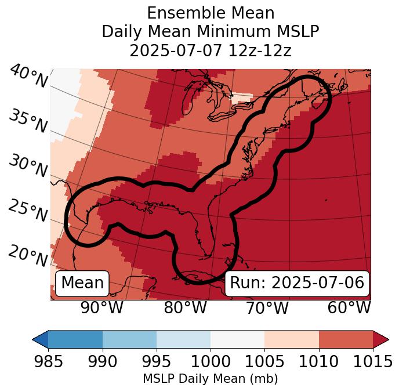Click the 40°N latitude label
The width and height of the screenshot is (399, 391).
pyautogui.click(x=28, y=77)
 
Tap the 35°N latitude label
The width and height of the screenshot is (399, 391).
pyautogui.click(x=28, y=121)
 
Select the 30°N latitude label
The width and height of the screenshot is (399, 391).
pyautogui.click(x=28, y=166)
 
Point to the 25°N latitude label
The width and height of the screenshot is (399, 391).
pyautogui.click(x=28, y=211)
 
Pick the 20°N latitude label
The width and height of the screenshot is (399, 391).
pyautogui.click(x=28, y=255)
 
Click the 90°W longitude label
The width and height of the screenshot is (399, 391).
pyautogui.click(x=101, y=307)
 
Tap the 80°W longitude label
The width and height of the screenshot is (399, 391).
pyautogui.click(x=185, y=307)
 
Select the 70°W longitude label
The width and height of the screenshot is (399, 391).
pyautogui.click(x=267, y=307)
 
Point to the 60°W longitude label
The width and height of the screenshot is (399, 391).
pyautogui.click(x=349, y=307)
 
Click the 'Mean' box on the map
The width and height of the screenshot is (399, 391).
pyautogui.click(x=82, y=283)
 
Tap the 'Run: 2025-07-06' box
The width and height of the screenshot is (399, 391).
pyautogui.click(x=297, y=283)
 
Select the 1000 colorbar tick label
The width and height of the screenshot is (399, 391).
pyautogui.click(x=211, y=362)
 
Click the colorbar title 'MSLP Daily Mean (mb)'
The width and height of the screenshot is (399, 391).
pyautogui.click(x=210, y=379)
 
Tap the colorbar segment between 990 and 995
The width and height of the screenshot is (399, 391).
pyautogui.click(x=129, y=339)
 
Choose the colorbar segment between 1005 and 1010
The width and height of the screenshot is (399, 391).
pyautogui.click(x=292, y=339)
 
